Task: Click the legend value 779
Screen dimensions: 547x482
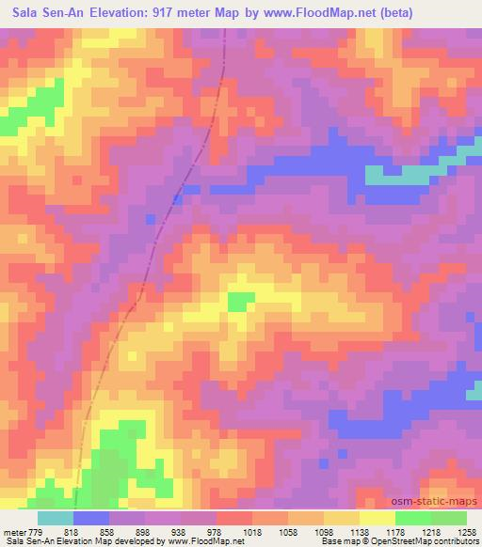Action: coord(36,532)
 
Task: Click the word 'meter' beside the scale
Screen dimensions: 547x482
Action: coord(13,532)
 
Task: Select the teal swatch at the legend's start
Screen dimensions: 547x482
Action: coord(55,518)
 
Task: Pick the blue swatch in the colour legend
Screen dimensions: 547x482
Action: coord(91,518)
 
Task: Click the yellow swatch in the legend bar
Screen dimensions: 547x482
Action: coord(378,518)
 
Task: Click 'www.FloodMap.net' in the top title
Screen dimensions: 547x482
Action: coord(311,13)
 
